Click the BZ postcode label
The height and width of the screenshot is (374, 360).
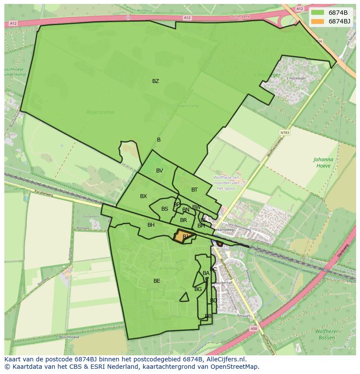point(155,81)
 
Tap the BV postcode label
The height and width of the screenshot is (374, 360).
point(160,171)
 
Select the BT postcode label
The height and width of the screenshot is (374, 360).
point(194,190)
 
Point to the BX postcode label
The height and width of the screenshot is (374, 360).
point(143,196)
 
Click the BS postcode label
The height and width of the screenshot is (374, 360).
point(164,209)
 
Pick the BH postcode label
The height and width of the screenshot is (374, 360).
point(151,225)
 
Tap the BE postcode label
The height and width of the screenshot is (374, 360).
point(157,281)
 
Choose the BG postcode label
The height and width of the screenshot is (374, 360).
point(198,289)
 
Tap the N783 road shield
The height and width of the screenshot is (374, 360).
point(285,132)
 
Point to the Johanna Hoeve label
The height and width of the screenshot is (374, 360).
point(323,162)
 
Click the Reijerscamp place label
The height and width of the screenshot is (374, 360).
point(100,112)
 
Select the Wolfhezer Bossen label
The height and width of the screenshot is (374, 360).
point(327,335)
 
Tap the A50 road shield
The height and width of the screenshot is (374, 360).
point(254,329)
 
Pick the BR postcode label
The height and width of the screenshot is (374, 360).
point(183,220)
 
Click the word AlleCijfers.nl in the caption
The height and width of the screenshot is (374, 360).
point(226,359)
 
